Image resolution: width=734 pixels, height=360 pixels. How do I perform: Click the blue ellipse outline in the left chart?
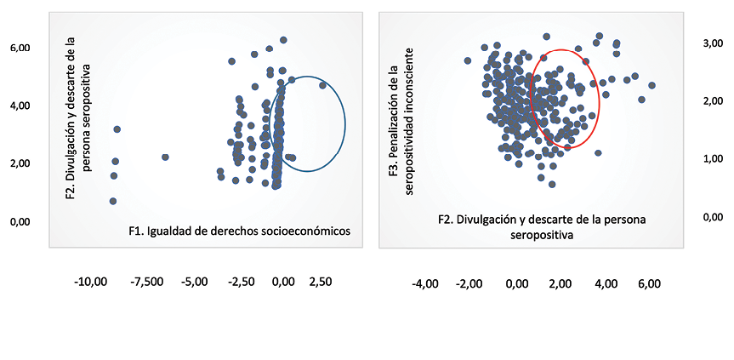coord(345,124)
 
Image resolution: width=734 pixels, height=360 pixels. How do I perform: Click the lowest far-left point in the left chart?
coord(113,201)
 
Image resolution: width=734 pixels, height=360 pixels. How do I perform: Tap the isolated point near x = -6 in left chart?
coord(165,157)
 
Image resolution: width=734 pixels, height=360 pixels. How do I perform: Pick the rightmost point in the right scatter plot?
coord(651,85)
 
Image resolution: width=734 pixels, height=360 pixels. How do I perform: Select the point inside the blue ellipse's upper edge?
coord(322,85)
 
